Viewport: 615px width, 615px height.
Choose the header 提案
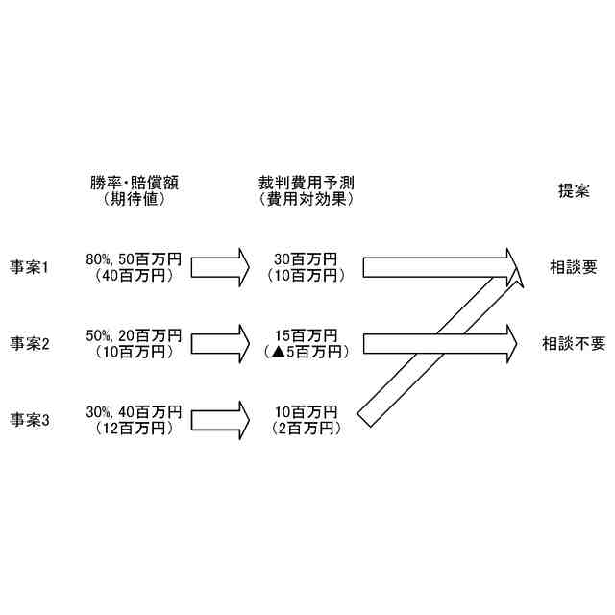(574, 191)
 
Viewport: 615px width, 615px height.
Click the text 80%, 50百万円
(134, 258)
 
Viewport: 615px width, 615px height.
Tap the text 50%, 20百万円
(134, 335)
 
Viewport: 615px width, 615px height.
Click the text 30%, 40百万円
(134, 411)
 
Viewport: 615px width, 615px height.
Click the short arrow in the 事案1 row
(220, 266)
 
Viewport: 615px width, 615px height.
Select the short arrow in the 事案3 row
(220, 419)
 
